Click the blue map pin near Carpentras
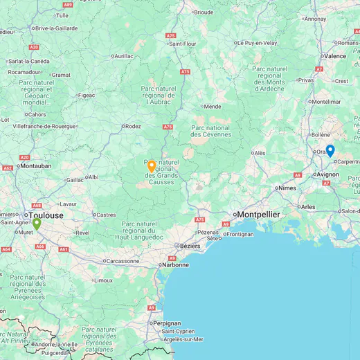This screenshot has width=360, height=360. tap(330, 150)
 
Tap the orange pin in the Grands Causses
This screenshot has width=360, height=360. tap(151, 166)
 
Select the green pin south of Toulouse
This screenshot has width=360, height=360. tap(37, 224)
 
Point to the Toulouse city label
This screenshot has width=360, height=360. tap(46, 215)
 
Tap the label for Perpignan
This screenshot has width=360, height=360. tap(166, 323)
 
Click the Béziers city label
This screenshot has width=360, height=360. tap(189, 246)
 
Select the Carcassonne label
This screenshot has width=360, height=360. tap(125, 261)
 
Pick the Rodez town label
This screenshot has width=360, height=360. tap(132, 127)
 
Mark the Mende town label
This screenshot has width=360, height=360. tap(212, 107)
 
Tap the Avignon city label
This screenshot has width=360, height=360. tap(327, 174)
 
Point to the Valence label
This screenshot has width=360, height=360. tap(335, 56)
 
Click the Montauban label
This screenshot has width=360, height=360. tap(36, 166)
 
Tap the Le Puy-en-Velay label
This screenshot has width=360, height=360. tap(258, 42)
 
